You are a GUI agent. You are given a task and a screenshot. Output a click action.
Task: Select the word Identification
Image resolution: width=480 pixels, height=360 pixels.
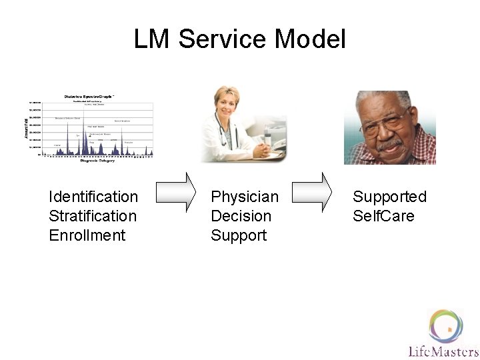93,197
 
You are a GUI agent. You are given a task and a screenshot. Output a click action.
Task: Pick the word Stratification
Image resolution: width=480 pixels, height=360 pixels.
93,216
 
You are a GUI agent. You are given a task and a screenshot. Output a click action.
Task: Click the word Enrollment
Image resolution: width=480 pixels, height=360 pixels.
87,235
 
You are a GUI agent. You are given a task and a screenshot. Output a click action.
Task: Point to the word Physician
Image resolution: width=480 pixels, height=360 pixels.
245,197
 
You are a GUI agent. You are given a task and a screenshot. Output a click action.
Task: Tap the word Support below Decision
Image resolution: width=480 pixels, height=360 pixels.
239,235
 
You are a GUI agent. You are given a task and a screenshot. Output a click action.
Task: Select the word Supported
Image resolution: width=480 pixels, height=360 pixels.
389,197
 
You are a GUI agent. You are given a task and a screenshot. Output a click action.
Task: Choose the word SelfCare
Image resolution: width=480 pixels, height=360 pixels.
383,216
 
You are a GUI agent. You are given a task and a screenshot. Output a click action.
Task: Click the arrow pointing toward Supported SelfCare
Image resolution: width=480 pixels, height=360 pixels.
313,193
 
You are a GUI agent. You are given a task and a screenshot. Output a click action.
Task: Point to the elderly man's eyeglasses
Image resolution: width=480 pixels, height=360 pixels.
389,124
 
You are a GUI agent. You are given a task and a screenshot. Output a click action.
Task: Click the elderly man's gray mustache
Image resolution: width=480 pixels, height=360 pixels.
390,143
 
